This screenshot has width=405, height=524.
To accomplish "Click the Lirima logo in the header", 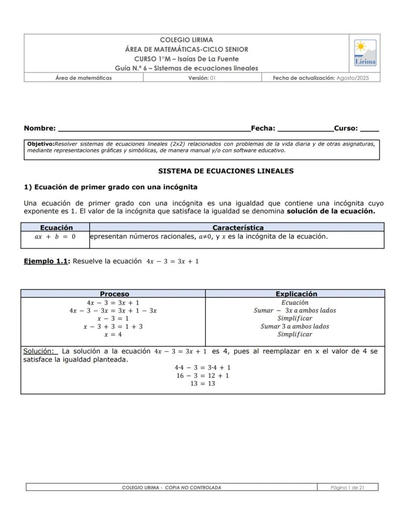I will (365, 53).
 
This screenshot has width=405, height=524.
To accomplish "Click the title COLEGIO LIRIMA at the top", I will (186, 40).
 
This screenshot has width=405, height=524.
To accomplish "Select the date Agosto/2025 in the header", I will (353, 78).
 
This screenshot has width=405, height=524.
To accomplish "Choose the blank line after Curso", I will (369, 129).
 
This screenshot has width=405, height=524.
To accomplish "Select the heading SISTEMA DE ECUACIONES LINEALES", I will (226, 171).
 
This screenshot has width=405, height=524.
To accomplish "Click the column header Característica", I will (238, 228).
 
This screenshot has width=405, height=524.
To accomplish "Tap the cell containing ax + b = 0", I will (55, 237).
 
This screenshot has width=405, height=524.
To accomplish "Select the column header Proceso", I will (114, 294).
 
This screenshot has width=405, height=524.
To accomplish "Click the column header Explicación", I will (296, 294).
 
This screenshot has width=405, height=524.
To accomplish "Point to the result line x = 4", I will (113, 335).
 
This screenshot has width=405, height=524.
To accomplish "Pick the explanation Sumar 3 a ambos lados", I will (294, 326).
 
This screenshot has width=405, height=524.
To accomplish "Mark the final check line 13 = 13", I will (202, 384).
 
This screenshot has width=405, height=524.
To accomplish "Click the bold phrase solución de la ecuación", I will (331, 211).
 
